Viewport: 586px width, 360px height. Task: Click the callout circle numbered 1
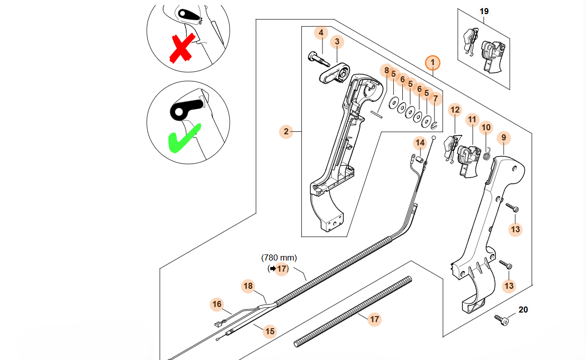433,63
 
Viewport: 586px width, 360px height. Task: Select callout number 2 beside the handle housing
286,132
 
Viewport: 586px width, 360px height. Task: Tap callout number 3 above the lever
337,41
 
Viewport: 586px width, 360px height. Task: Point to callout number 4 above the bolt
320,33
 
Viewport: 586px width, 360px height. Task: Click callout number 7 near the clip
436,98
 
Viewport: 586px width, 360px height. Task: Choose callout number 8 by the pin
387,71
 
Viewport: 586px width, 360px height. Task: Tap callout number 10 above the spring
486,128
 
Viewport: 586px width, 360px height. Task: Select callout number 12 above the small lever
455,109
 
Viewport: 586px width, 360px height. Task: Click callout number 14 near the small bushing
420,143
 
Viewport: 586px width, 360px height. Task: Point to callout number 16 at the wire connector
217,304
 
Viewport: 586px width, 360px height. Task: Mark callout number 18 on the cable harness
248,286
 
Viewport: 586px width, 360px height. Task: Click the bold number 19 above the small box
484,11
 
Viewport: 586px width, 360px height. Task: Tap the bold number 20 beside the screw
523,310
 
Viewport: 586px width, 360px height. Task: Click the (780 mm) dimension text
279,258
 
